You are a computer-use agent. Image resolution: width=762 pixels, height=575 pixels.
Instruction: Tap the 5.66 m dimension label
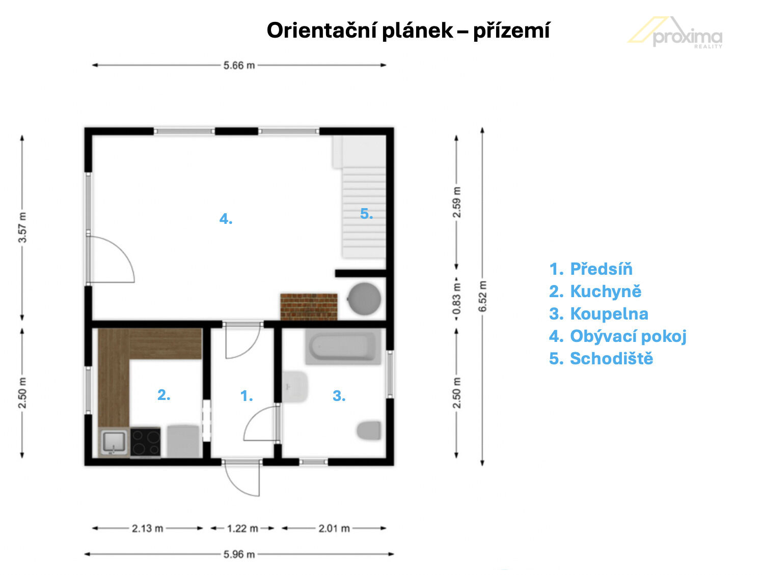239,65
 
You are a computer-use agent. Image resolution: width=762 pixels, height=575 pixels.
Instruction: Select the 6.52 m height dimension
482,297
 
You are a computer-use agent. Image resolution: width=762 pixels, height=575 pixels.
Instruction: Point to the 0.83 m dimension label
457,299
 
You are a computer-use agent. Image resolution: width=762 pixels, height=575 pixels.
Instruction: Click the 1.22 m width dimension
242,528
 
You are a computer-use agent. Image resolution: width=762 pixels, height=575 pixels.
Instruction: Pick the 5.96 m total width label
239,554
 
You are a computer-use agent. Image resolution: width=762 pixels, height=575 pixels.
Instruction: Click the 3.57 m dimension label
22,227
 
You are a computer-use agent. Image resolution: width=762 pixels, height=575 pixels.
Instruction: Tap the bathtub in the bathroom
343,346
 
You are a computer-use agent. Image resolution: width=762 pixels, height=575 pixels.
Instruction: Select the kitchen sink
114,442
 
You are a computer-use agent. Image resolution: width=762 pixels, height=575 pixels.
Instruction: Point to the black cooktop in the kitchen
145,442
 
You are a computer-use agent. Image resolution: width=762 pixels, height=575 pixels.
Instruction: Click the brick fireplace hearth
309,307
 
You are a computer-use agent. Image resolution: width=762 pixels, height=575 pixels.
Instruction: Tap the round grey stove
364,299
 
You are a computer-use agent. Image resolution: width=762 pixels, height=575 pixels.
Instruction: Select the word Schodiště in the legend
611,358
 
